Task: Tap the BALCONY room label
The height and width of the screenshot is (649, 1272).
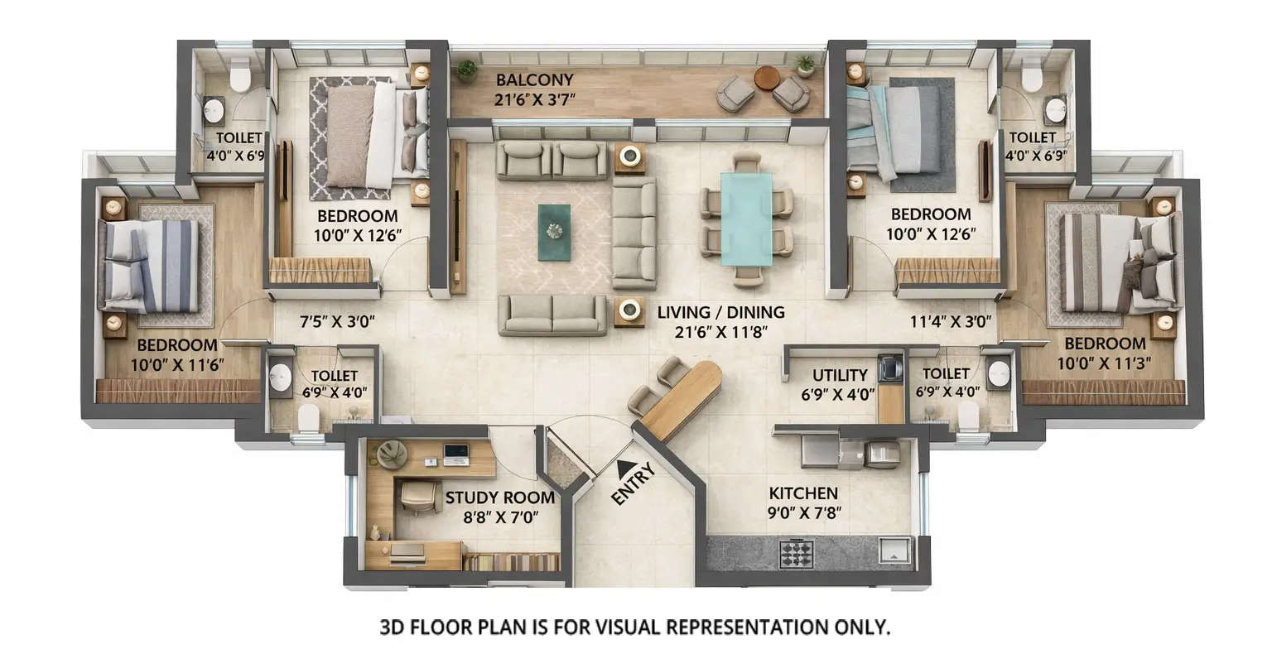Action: click(534, 80)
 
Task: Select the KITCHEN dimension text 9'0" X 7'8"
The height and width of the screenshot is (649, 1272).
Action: click(803, 512)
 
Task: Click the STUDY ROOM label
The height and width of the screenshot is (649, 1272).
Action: click(499, 498)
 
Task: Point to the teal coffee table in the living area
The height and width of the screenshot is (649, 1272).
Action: click(554, 232)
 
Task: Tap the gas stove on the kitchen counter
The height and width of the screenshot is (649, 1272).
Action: click(796, 553)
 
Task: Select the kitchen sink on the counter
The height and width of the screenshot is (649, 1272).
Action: click(894, 550)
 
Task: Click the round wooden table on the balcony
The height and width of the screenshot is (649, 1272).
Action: click(767, 78)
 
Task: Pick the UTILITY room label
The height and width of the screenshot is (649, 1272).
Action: click(839, 375)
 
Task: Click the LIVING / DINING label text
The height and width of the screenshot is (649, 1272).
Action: click(720, 313)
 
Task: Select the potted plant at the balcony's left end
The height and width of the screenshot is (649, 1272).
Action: click(467, 70)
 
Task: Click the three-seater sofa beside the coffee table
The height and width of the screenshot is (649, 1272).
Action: click(634, 233)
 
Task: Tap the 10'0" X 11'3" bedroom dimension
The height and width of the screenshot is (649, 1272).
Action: click(1104, 363)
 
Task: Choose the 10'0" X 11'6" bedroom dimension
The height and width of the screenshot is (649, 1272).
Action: click(176, 363)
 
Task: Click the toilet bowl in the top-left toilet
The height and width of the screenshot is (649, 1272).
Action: click(240, 76)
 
